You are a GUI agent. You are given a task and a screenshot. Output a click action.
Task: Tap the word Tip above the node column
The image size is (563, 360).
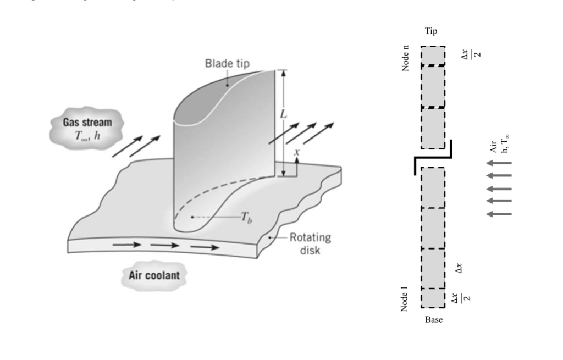point(432,32)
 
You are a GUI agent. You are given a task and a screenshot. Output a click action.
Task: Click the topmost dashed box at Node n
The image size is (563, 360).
point(433,56)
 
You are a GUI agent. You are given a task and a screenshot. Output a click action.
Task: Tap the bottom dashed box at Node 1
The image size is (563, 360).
point(433,298)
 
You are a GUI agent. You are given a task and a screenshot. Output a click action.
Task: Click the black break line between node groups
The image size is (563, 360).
point(433,158)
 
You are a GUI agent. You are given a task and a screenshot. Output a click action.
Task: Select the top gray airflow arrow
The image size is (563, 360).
point(499,163)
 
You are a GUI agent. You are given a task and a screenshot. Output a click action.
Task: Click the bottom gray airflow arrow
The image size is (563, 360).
point(499,214)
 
